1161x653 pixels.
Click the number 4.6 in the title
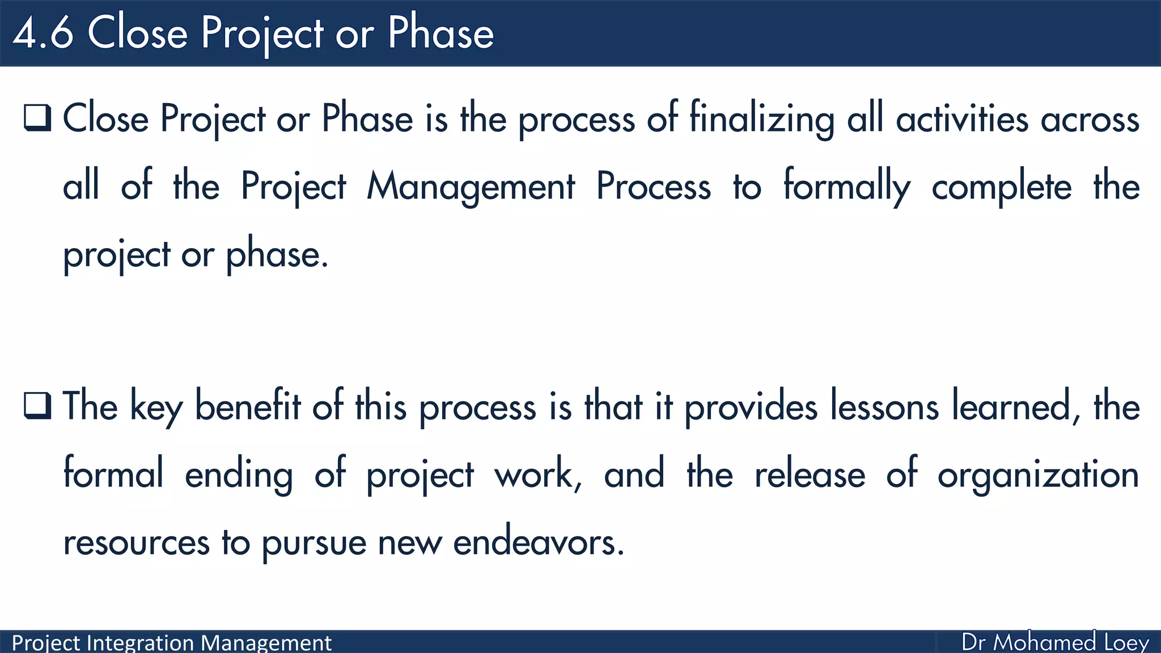[43, 33]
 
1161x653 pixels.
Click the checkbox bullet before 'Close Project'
[37, 118]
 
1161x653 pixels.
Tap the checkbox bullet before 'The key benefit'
[37, 406]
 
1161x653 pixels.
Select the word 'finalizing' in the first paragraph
[761, 120]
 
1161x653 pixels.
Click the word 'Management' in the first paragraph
[471, 187]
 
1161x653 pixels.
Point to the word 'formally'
[846, 187]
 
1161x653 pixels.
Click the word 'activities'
[961, 120]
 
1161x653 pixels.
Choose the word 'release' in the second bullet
[810, 475]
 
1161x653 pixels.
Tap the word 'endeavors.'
[539, 542]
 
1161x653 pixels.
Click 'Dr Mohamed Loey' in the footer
[1054, 642]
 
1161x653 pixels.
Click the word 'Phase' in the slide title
[440, 33]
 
